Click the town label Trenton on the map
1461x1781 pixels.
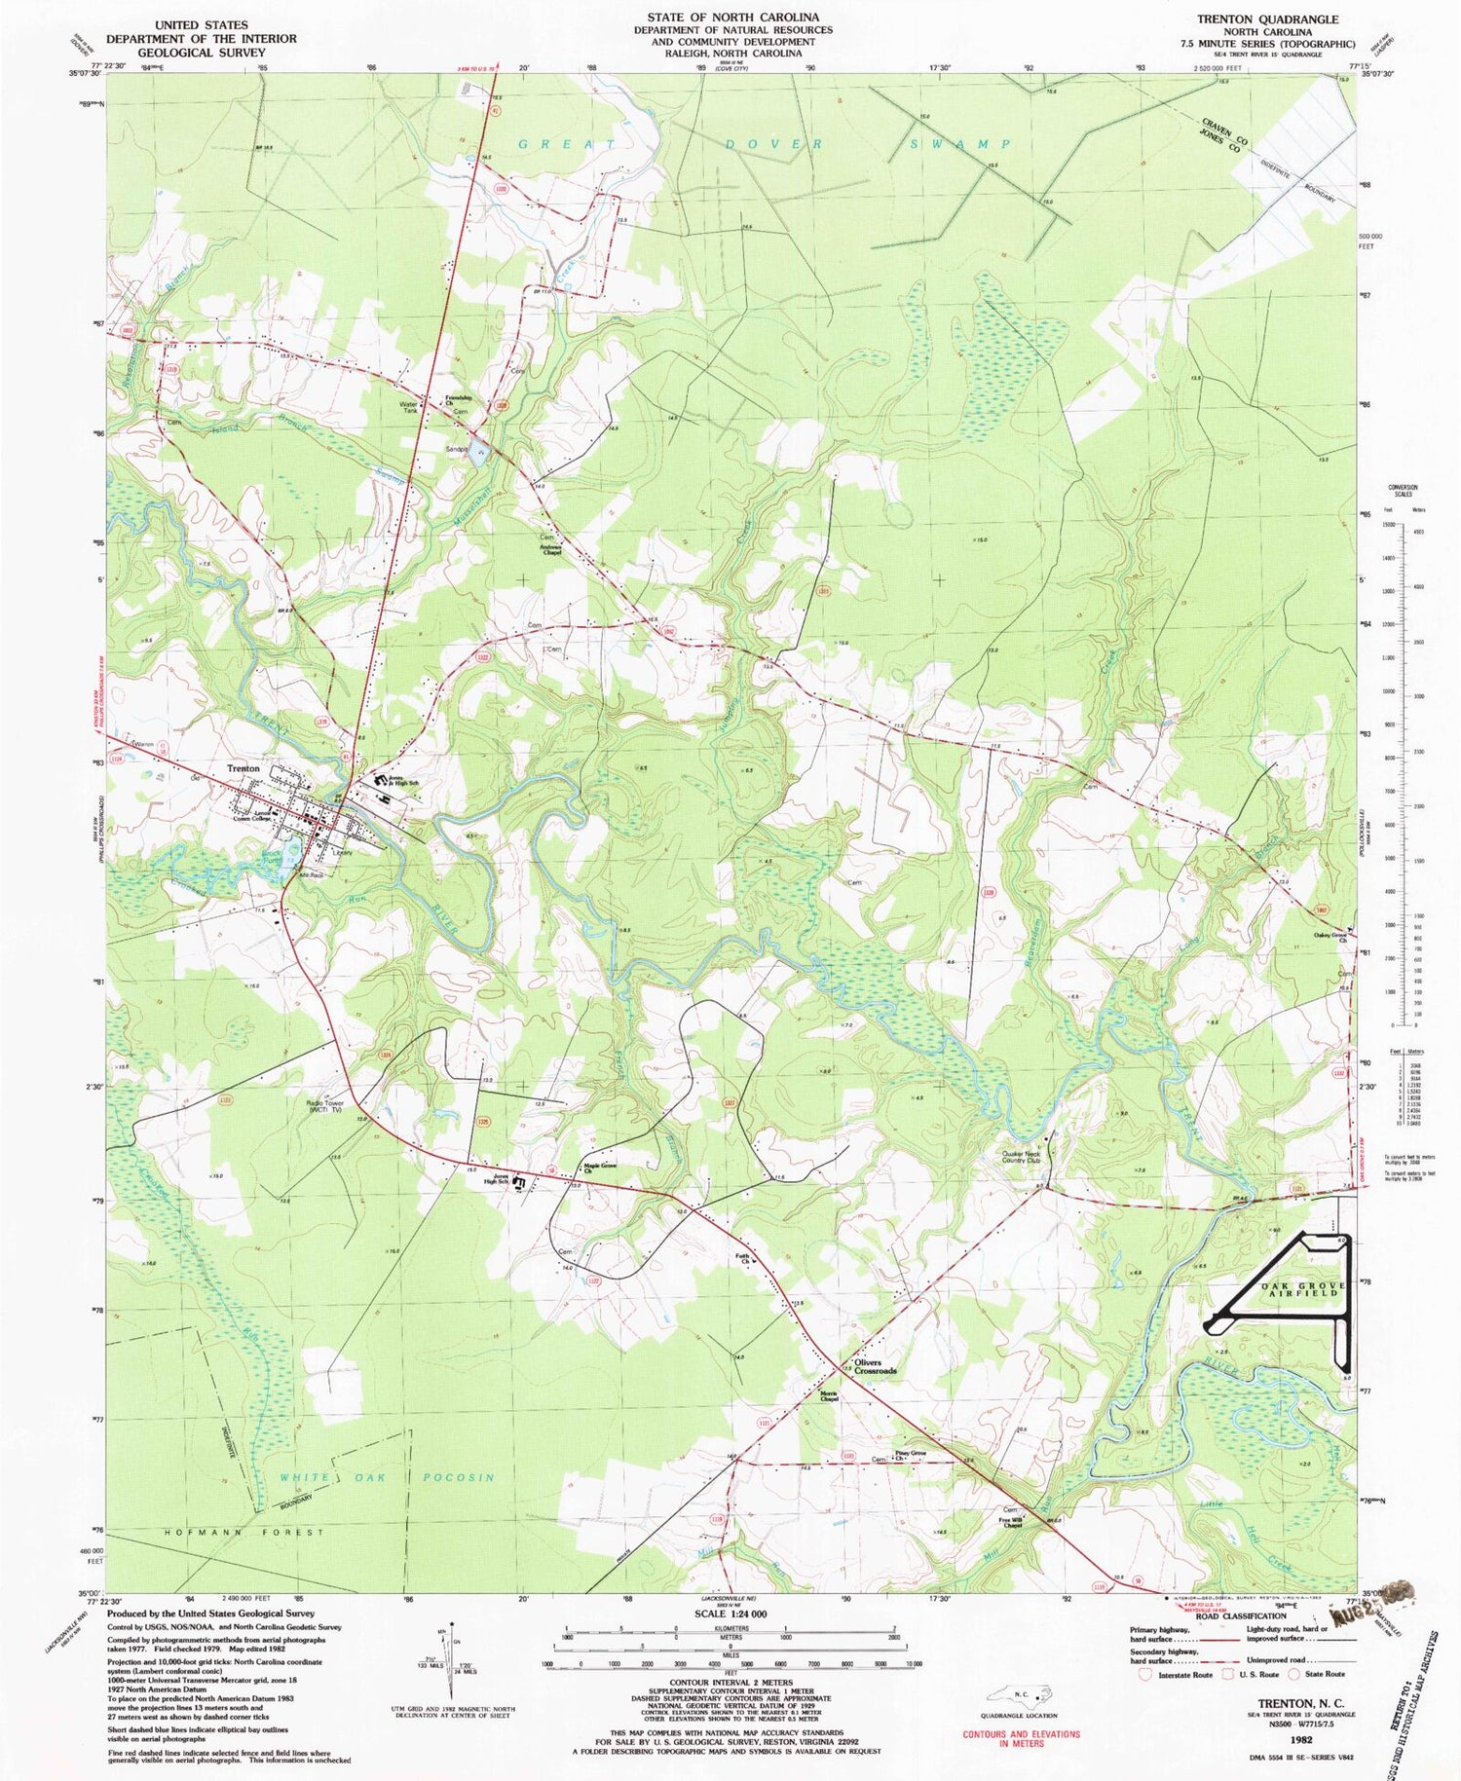coord(243,768)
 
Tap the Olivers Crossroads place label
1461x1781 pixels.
coord(875,1366)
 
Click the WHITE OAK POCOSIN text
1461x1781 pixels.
coord(388,1477)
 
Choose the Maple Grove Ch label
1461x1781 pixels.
coord(601,1168)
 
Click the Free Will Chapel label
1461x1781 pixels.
coord(1010,1522)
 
